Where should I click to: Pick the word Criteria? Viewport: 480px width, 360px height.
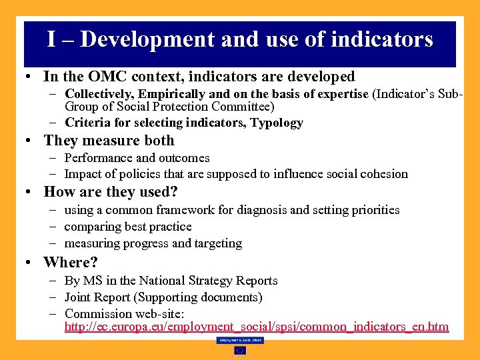(87, 123)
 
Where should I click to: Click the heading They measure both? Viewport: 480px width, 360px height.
(109, 141)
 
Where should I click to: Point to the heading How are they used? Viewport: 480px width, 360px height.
(111, 193)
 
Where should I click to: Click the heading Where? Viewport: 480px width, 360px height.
(71, 262)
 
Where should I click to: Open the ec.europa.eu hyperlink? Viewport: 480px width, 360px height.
(257, 327)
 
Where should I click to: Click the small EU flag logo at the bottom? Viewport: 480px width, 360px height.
(239, 350)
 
